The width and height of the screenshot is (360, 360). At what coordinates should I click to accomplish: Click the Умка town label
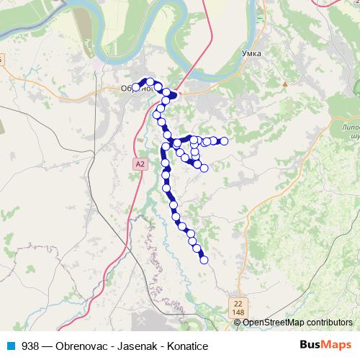(252, 53)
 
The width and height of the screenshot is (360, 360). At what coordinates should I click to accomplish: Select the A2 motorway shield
(140, 164)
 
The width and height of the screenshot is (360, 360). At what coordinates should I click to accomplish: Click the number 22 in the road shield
(238, 302)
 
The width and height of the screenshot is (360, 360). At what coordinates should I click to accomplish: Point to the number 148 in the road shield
(238, 311)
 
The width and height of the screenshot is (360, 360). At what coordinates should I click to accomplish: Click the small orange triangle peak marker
(285, 84)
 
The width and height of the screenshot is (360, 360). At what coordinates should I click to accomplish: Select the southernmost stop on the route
(204, 260)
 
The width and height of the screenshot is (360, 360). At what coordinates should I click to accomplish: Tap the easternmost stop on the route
(224, 141)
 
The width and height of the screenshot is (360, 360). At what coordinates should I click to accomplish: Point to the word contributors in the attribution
(328, 323)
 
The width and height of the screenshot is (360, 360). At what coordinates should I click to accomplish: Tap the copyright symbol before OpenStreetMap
(238, 323)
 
